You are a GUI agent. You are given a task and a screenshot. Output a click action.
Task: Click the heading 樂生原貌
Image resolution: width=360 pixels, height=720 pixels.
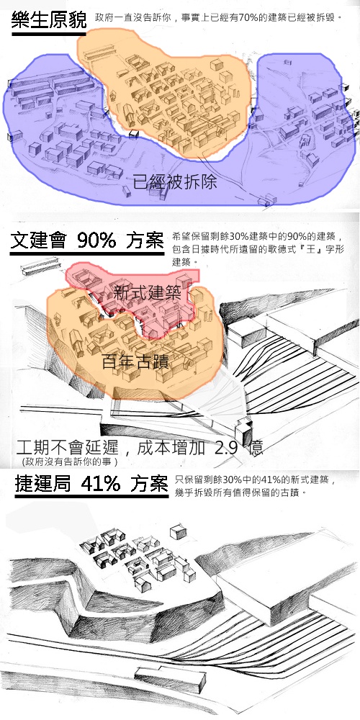pos(49,20)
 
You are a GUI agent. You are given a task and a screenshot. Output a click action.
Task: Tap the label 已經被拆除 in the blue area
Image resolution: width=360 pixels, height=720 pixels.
pos(175,183)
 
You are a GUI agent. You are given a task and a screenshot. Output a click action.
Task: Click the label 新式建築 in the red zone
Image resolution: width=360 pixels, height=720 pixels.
pos(147,294)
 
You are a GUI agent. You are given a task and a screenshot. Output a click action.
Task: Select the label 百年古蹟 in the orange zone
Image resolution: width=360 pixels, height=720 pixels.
pos(135,362)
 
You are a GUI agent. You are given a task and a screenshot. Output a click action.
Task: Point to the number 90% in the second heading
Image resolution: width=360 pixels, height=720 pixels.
pos(96,240)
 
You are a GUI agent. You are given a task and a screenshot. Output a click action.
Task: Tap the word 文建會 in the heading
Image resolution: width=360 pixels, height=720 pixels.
pos(38,240)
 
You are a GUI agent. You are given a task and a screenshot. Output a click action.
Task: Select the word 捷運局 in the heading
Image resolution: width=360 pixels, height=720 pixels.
pos(42,484)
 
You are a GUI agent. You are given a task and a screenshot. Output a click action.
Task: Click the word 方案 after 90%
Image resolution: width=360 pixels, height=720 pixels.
pos(145,240)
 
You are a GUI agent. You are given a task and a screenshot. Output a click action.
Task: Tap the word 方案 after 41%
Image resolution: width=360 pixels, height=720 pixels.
pos(149,484)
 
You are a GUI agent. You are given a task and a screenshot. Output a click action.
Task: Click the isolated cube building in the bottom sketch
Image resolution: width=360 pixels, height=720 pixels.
pos(178,533)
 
